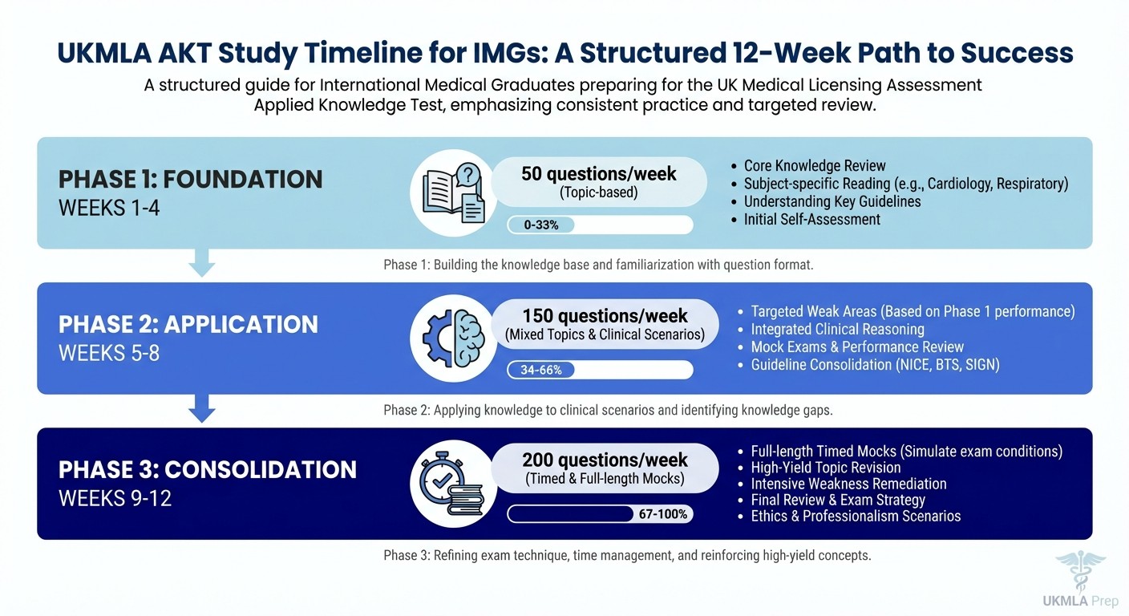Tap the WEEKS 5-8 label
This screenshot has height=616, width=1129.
(x=109, y=352)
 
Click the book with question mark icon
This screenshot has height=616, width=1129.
(x=454, y=192)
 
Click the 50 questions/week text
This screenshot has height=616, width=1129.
(x=598, y=173)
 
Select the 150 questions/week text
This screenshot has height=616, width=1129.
(x=605, y=316)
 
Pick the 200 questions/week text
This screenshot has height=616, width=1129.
(x=605, y=460)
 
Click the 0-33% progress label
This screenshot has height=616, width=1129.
(x=541, y=225)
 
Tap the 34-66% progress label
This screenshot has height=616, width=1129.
(x=541, y=370)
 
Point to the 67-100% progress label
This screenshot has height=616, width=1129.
(x=662, y=514)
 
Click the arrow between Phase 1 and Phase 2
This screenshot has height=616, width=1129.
(x=201, y=263)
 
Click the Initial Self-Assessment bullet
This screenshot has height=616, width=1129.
(x=811, y=219)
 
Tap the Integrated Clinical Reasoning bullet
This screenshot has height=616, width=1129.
(x=837, y=329)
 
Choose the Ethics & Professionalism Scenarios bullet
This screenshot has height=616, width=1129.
(x=855, y=516)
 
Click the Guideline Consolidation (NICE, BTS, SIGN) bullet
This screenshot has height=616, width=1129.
(x=875, y=364)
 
